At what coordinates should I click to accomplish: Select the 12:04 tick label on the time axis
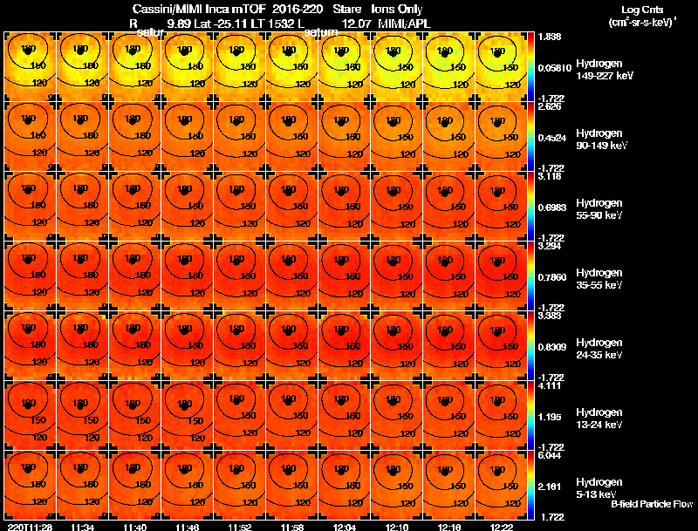[x=341, y=527]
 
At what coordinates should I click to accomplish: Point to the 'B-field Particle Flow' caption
[x=651, y=504]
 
